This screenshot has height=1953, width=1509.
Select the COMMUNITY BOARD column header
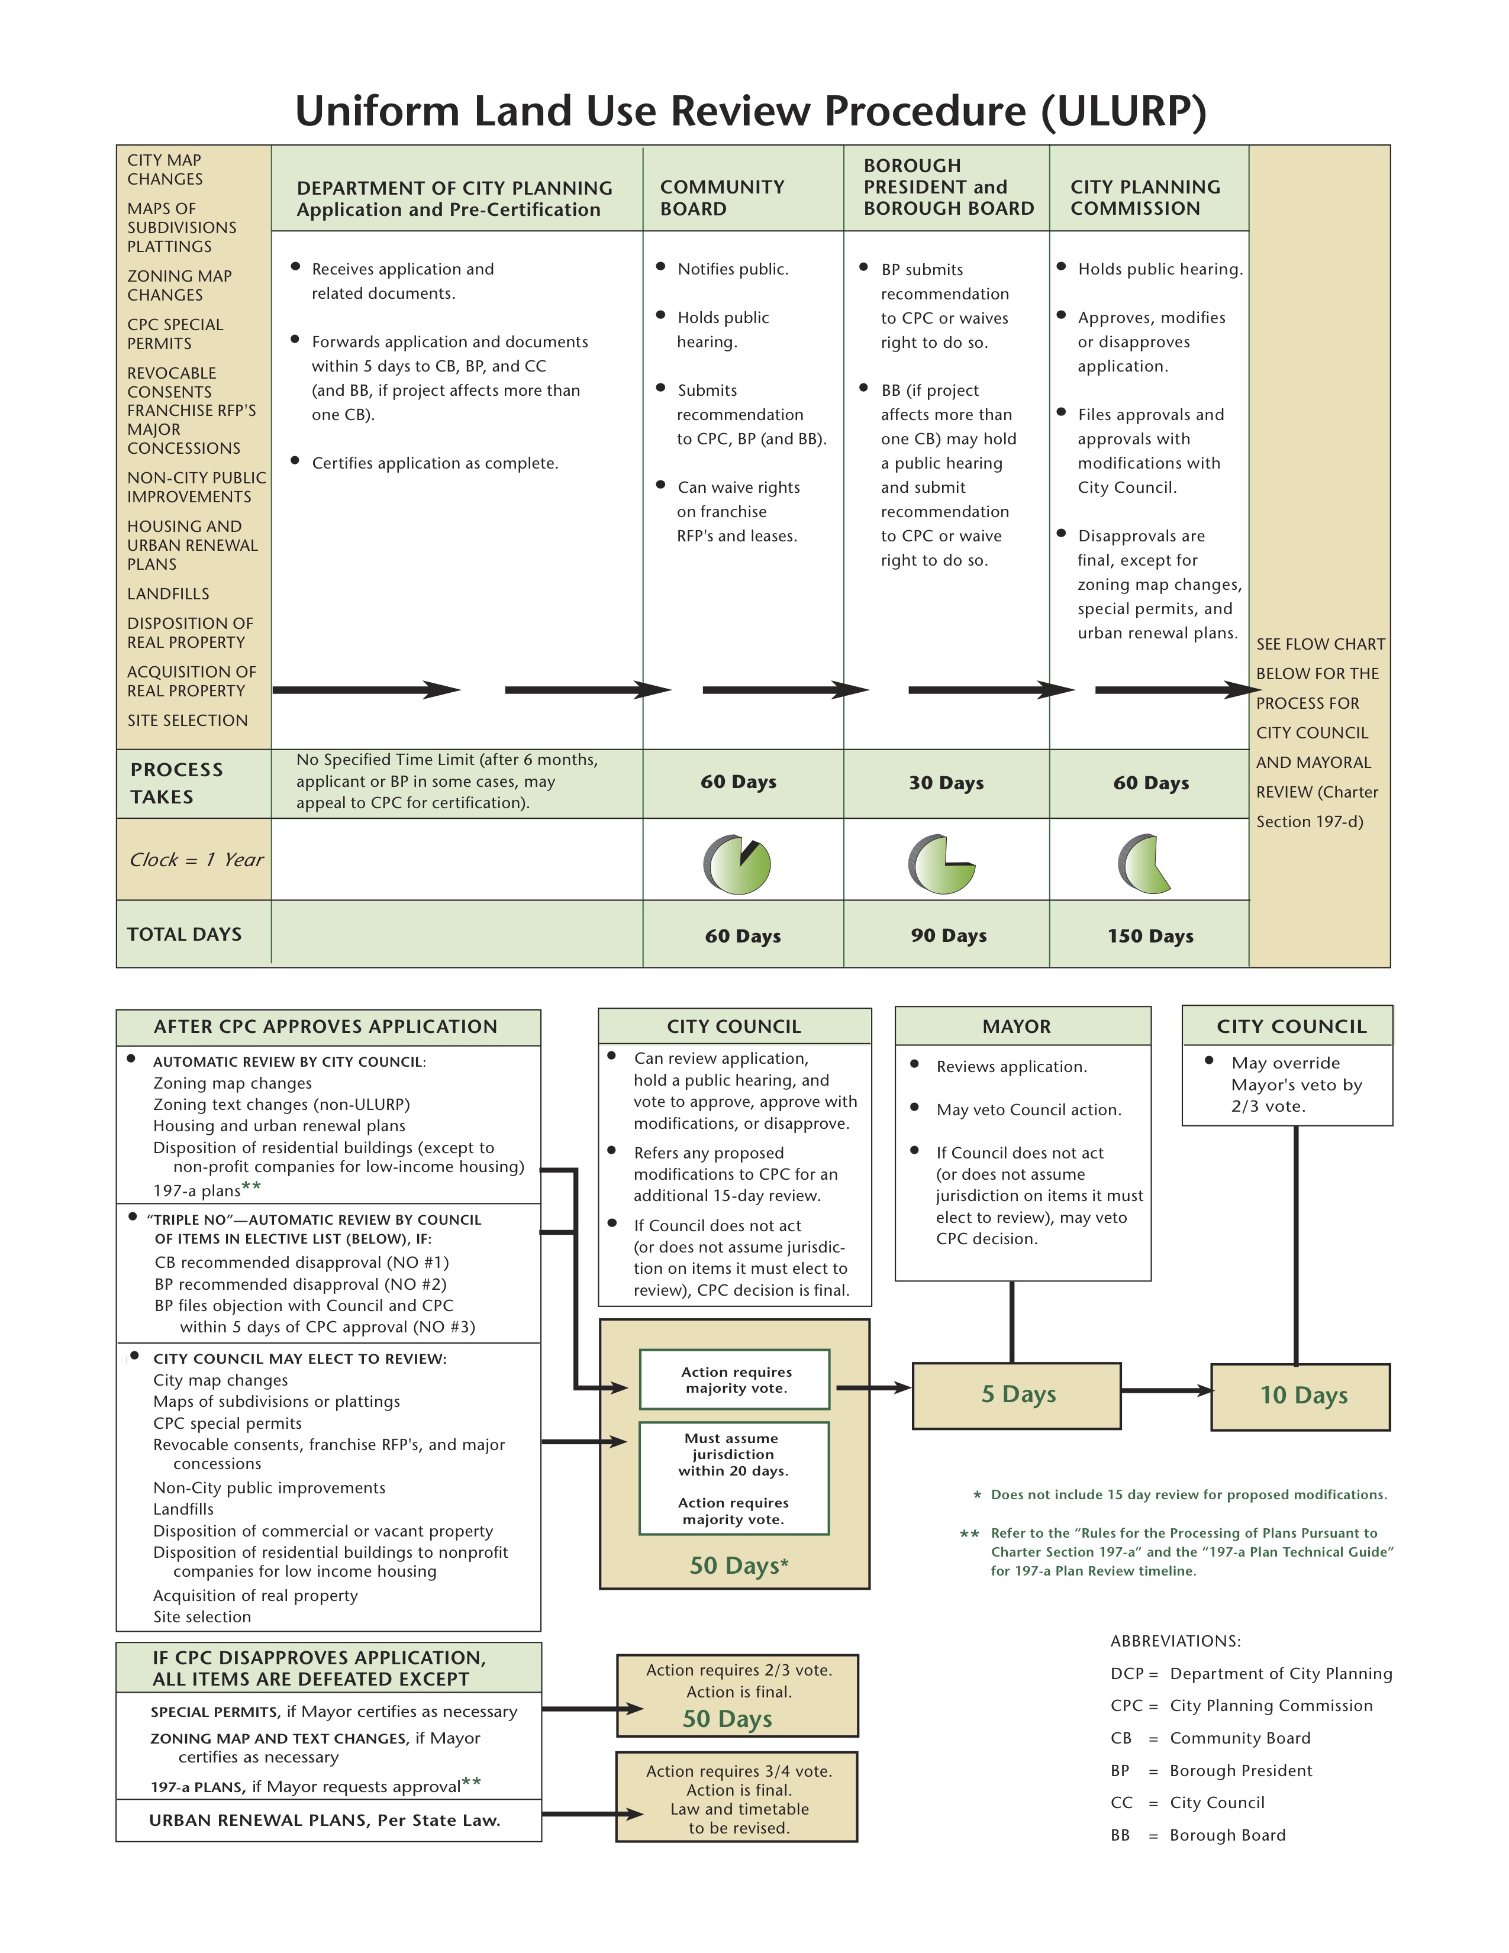pyautogui.click(x=722, y=198)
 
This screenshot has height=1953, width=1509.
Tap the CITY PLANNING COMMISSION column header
pyautogui.click(x=1145, y=198)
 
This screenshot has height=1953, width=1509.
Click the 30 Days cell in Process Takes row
pyautogui.click(x=946, y=783)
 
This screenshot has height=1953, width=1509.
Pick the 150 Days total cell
pyautogui.click(x=1150, y=936)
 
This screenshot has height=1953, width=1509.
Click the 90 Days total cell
pyautogui.click(x=948, y=936)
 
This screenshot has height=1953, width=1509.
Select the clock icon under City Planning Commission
pyautogui.click(x=1144, y=864)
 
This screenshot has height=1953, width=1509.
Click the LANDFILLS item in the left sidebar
pyautogui.click(x=168, y=594)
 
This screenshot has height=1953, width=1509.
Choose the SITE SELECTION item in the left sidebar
pyautogui.click(x=187, y=721)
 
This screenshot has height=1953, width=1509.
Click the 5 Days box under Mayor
pyautogui.click(x=1017, y=1395)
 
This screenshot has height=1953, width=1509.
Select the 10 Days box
pyautogui.click(x=1301, y=1396)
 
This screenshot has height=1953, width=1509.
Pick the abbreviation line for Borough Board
pyautogui.click(x=1198, y=1835)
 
